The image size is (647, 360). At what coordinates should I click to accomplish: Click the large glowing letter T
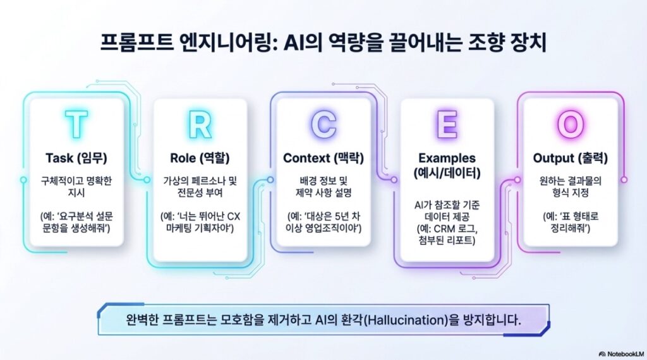[x=76, y=124]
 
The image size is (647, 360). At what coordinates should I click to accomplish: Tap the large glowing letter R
[x=200, y=124]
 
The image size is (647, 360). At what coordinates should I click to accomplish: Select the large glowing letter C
[x=323, y=124]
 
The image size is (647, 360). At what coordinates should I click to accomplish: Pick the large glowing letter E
[x=447, y=124]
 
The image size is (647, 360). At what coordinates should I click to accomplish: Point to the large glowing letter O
[x=571, y=124]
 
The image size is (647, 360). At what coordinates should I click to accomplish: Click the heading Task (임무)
[x=76, y=158]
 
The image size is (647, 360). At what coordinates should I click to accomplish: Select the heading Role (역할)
[x=200, y=158]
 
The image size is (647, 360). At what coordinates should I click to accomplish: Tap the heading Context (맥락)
[x=323, y=158]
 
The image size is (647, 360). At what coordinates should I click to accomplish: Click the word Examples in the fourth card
[x=447, y=158]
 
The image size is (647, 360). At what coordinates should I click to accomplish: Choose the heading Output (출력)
[x=571, y=158]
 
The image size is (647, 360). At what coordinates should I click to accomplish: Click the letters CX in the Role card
[x=233, y=217]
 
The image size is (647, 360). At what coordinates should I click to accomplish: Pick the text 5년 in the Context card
[x=344, y=217]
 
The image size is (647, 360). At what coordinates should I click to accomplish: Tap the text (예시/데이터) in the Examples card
[x=447, y=173]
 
